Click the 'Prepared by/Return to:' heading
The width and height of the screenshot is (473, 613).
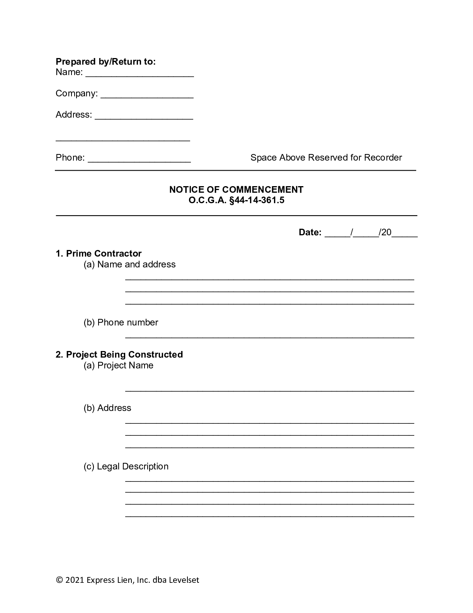pyautogui.click(x=105, y=62)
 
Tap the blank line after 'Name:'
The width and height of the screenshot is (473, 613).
pyautogui.click(x=139, y=74)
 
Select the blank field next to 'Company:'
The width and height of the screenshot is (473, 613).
pyautogui.click(x=147, y=95)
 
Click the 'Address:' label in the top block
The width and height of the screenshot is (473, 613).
pyautogui.click(x=74, y=115)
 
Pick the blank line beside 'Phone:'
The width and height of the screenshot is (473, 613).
pyautogui.click(x=139, y=159)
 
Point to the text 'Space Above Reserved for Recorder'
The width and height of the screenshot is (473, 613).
pyautogui.click(x=326, y=158)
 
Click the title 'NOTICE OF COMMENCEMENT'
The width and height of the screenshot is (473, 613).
pyautogui.click(x=236, y=190)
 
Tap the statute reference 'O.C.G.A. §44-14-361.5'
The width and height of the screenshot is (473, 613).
pyautogui.click(x=236, y=200)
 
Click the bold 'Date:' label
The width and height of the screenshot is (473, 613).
pyautogui.click(x=310, y=233)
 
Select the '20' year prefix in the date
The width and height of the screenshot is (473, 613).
pyautogui.click(x=386, y=233)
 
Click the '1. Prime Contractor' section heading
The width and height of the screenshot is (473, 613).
pyautogui.click(x=99, y=253)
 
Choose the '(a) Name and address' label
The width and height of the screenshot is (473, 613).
pyautogui.click(x=129, y=264)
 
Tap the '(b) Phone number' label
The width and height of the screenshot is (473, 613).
pyautogui.click(x=121, y=322)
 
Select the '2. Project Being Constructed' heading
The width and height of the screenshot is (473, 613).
pyautogui.click(x=119, y=354)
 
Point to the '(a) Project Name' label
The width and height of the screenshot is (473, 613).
pyautogui.click(x=118, y=365)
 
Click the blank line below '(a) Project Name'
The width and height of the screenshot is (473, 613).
pyautogui.click(x=269, y=389)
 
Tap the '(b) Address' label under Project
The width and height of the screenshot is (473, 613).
pyautogui.click(x=107, y=408)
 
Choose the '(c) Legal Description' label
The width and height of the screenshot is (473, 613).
pyautogui.click(x=126, y=466)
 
